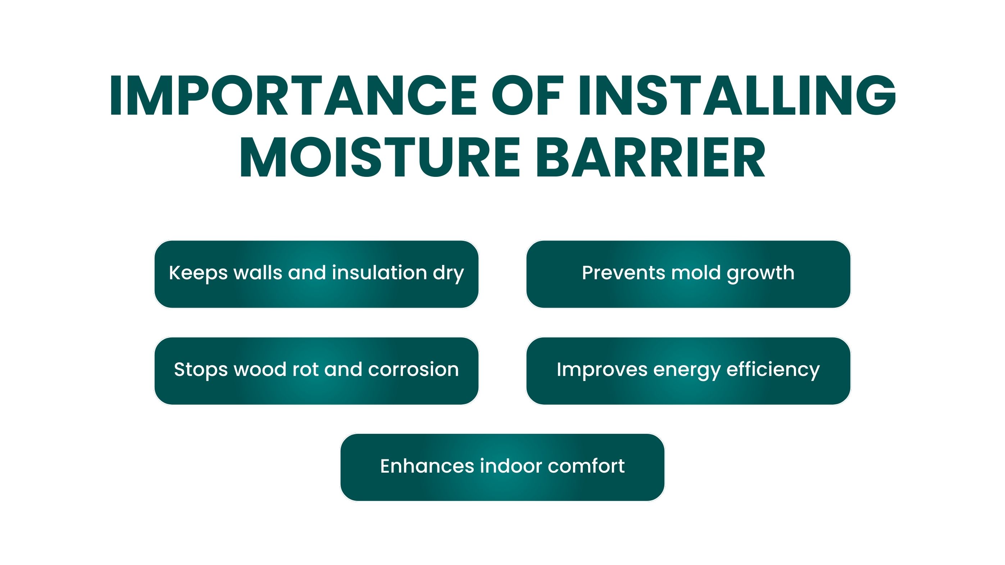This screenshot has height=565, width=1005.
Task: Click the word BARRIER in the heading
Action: [x=650, y=157]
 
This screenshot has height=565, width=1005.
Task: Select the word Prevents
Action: [x=623, y=272]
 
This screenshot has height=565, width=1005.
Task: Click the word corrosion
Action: [x=414, y=369]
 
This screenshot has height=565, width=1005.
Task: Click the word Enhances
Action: [x=427, y=466]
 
